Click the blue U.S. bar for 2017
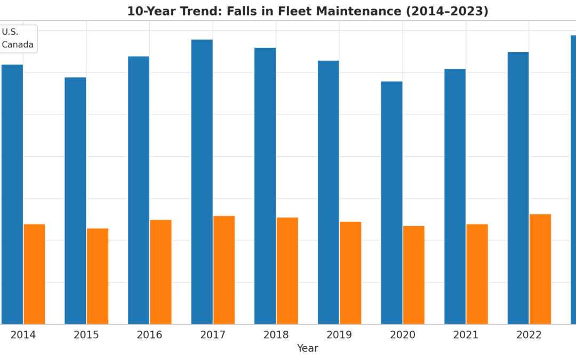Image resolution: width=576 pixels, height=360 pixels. click(x=202, y=181)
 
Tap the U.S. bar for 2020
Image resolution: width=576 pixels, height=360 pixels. click(x=391, y=203)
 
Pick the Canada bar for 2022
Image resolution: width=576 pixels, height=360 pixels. click(x=540, y=269)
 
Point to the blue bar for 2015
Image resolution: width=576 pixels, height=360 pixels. click(x=75, y=201)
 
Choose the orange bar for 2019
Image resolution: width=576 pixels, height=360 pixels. click(x=350, y=273)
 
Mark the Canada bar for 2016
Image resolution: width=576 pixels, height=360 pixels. click(x=161, y=271)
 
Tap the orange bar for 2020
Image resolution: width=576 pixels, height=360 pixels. click(x=414, y=275)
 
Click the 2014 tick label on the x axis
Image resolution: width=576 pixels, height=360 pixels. click(x=23, y=335)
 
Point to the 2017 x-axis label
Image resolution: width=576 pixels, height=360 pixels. click(x=213, y=335)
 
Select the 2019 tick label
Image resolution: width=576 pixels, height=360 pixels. click(x=339, y=335)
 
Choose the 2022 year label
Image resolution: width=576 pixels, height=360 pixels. click(x=529, y=335)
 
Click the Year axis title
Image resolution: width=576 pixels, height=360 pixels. click(x=308, y=348)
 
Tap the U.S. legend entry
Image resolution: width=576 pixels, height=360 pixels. click(x=10, y=32)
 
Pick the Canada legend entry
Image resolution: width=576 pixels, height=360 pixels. click(x=18, y=45)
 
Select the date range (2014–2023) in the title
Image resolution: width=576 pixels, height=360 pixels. click(x=447, y=11)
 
